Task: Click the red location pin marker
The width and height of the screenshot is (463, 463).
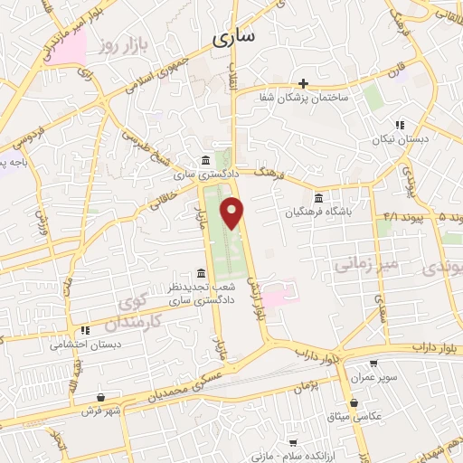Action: click(x=235, y=213)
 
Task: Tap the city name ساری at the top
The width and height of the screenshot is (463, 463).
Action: click(x=234, y=37)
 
